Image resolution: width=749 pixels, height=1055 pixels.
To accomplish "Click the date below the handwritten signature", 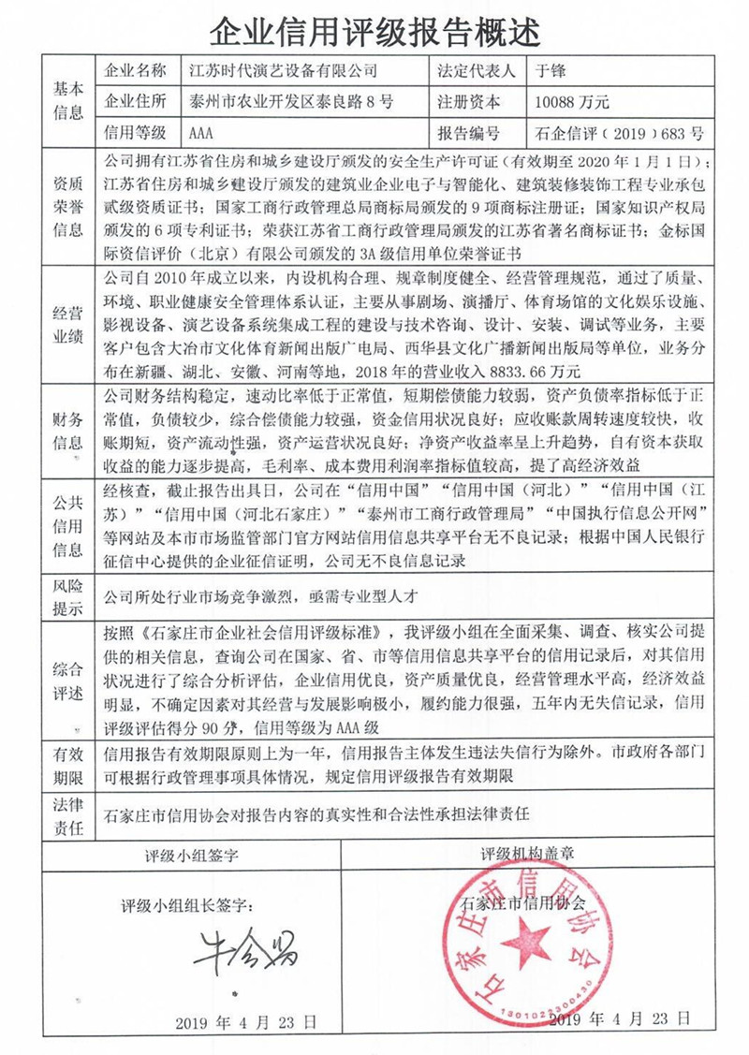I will click(246, 1019).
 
